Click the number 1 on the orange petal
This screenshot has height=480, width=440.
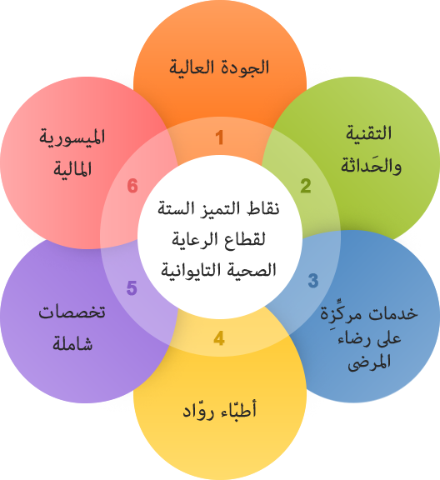tap(219, 137)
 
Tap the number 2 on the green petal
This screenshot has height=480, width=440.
tap(306, 186)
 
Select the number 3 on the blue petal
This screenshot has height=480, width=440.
tap(313, 281)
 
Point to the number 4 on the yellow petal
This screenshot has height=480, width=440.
tap(219, 338)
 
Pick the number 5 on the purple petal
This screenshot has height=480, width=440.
tap(132, 288)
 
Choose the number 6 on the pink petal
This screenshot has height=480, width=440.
tap(132, 186)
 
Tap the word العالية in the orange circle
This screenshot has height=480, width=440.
tap(192, 67)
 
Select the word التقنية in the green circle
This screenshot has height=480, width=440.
tap(368, 133)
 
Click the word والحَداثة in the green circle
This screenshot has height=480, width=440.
tap(371, 165)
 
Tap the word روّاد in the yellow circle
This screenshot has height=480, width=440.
tap(199, 411)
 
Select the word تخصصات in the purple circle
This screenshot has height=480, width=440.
tap(72, 312)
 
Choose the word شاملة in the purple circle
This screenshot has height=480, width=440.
tap(72, 344)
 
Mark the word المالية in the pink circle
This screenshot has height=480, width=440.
tap(72, 168)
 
